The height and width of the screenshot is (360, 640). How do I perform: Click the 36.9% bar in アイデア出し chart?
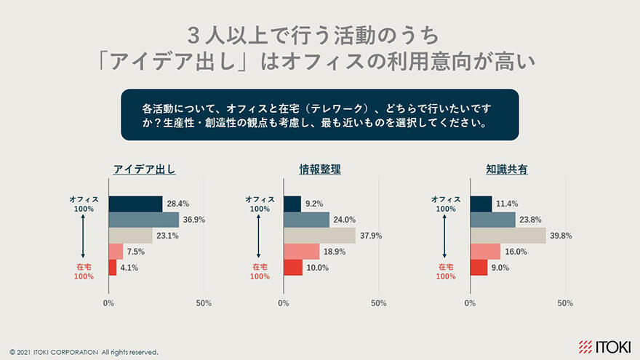tap(144, 220)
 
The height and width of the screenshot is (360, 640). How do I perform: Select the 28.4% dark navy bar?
tap(135, 204)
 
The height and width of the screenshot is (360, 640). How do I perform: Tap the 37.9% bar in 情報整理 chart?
tap(319, 236)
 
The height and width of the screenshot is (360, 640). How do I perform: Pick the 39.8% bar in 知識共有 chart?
tap(508, 236)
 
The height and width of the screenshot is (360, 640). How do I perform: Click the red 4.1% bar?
tap(113, 268)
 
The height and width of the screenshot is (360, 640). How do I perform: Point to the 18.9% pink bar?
tap(301, 252)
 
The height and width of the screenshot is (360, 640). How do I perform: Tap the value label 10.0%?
tap(317, 268)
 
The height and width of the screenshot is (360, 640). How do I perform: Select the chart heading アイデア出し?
tap(145, 170)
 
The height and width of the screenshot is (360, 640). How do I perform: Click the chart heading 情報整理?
tap(320, 170)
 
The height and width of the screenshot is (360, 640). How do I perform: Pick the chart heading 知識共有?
tap(507, 170)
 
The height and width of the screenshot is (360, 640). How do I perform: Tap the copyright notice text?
tap(84, 352)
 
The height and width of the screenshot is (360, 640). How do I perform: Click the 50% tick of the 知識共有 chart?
tap(565, 303)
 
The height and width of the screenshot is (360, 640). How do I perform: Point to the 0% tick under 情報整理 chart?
tap(284, 303)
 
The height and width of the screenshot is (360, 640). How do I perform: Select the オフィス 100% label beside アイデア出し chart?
tap(84, 204)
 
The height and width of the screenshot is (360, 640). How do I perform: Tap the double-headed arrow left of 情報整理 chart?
tap(260, 236)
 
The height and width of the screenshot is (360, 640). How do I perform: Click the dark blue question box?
tap(319, 115)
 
